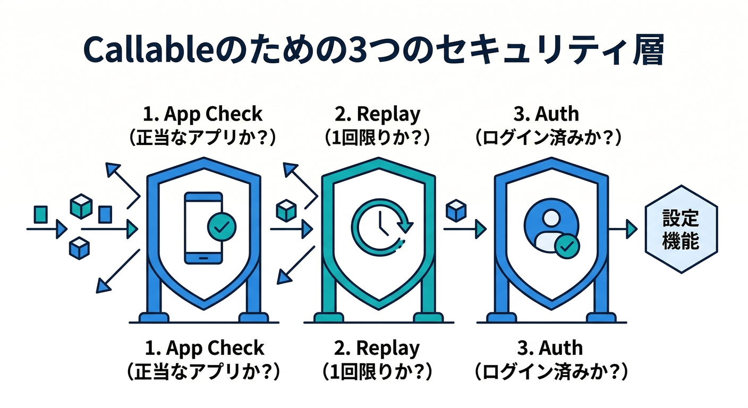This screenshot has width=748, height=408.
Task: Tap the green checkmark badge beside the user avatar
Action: click(567, 245)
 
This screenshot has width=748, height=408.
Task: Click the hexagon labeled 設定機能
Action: click(681, 229)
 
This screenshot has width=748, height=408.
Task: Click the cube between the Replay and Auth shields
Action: click(456, 209)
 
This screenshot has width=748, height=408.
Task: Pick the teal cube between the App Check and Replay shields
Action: click(286, 210)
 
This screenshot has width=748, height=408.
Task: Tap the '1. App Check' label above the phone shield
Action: click(203, 114)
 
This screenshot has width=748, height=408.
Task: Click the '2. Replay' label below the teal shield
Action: click(377, 348)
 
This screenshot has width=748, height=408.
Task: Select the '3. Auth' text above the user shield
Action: click(550, 114)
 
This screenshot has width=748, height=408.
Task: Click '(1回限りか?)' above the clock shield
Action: click(377, 138)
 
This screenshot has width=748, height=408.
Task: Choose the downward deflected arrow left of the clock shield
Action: click(297, 266)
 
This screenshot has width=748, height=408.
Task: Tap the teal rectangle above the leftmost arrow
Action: click(40, 214)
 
